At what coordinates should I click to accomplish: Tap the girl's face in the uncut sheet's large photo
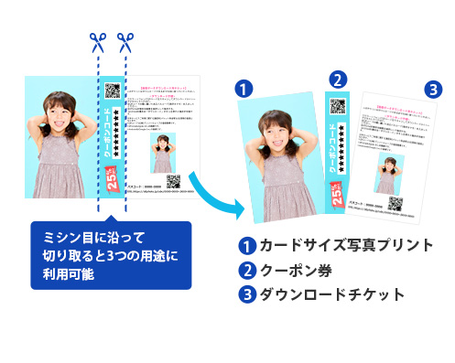(x=59, y=119)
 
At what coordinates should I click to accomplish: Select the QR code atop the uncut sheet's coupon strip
(x=113, y=91)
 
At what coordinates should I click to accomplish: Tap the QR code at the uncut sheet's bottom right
(x=173, y=180)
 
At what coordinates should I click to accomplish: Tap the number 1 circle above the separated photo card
(x=244, y=89)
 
